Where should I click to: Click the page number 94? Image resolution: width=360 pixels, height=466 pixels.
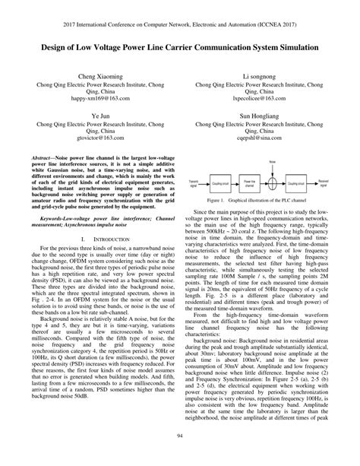click(x=180, y=435)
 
